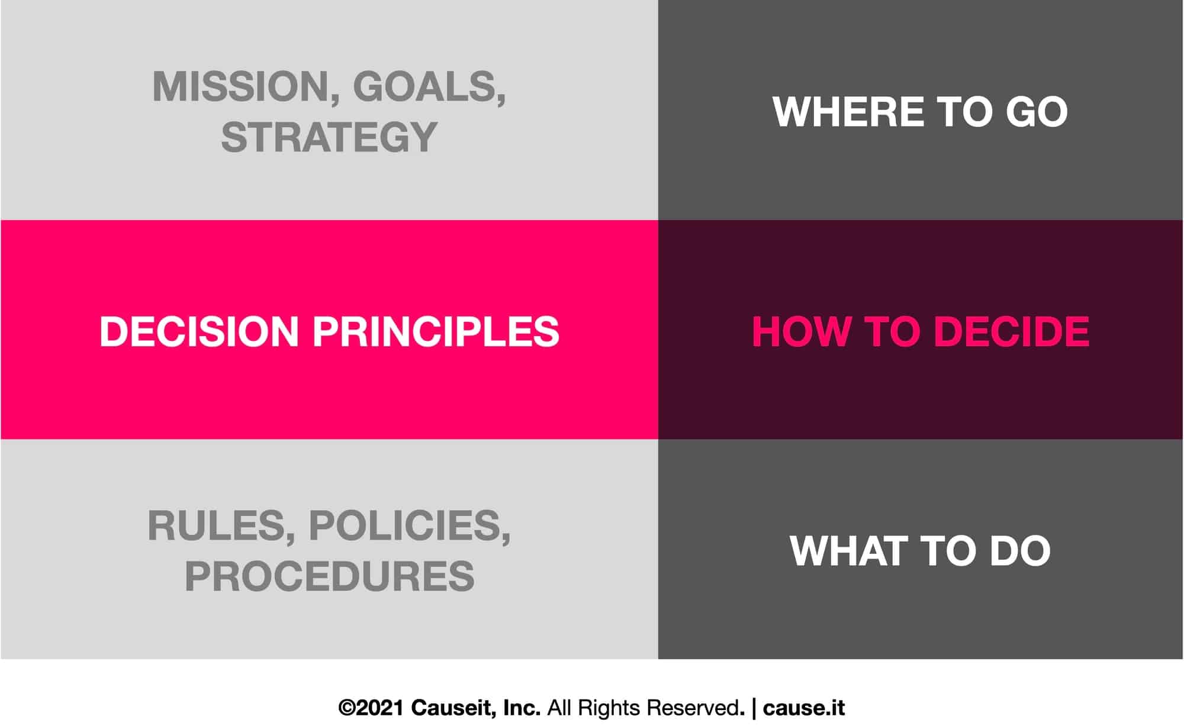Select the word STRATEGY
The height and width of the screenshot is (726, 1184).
(329, 137)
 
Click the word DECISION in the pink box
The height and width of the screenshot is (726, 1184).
(199, 331)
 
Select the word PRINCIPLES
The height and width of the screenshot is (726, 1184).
(436, 331)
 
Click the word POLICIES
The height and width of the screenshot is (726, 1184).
(409, 525)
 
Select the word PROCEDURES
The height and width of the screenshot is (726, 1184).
(329, 576)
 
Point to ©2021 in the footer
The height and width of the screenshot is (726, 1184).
(371, 708)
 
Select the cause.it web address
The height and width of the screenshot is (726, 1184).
(803, 708)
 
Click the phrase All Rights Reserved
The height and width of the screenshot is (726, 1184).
(644, 708)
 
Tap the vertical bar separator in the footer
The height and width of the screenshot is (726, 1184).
(754, 708)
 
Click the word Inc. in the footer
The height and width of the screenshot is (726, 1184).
(522, 708)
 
